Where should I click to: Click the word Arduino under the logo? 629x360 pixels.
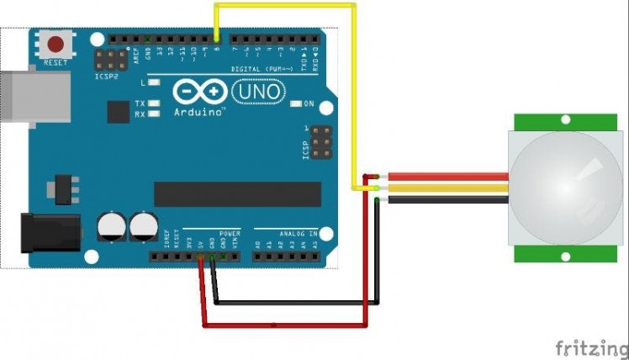coord(199,111)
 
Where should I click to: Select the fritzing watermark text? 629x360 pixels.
coord(590,346)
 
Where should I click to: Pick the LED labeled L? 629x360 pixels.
coord(154,83)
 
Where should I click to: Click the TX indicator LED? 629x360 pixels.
coord(154,103)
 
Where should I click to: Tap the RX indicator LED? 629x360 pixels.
coord(154,113)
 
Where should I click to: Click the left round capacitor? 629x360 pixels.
coord(111,225)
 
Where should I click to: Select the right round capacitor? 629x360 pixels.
coord(143,225)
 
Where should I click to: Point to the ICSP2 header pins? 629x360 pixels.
coord(108,60)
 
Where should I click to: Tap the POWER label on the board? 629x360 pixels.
coord(230,233)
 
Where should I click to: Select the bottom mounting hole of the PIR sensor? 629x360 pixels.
coord(565,256)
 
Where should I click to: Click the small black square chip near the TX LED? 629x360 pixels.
coord(117,112)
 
